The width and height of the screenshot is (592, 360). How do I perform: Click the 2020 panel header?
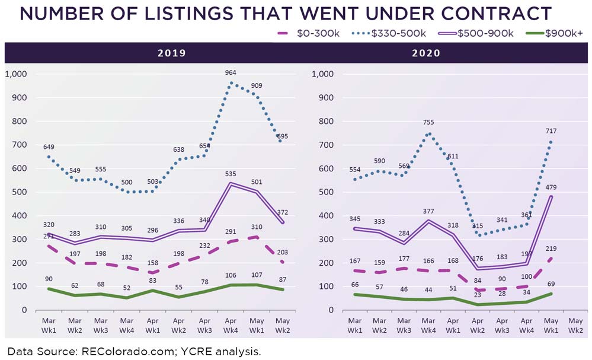coord(425,53)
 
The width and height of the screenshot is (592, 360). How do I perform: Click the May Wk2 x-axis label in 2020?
coord(575,326)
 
